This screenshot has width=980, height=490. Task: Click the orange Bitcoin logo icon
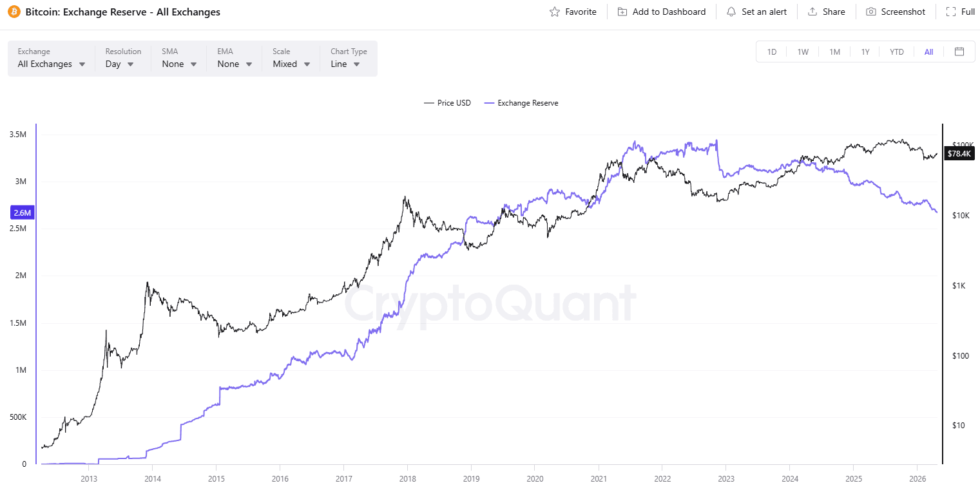coord(14,12)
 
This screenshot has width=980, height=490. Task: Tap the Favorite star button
coord(573,12)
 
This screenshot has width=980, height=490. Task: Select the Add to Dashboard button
coord(662,12)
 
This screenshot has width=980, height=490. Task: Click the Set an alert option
coord(756,12)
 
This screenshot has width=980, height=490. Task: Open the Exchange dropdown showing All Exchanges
coord(52,64)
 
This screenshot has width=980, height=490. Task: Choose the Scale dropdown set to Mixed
coord(291,64)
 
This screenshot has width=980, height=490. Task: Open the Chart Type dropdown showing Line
coord(345,64)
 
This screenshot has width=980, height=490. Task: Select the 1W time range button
coord(803,52)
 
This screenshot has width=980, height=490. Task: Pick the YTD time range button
coord(897,52)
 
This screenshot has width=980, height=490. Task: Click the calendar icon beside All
coord(959,52)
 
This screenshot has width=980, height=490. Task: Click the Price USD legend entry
coord(448,103)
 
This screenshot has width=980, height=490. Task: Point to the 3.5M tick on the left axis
coord(18,135)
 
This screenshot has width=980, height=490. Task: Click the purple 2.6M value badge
coord(22,212)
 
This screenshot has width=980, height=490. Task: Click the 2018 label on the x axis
coord(408,478)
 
